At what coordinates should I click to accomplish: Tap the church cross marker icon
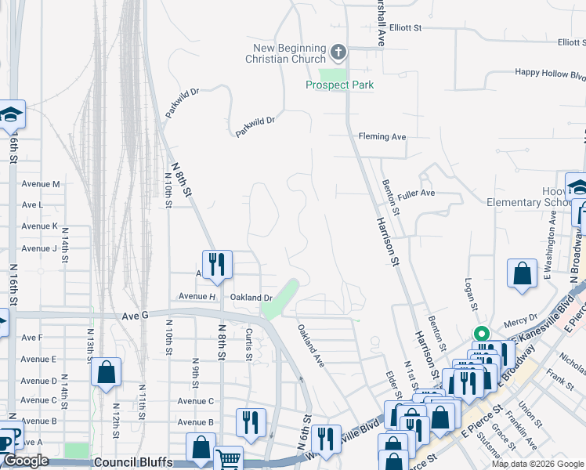coord(338,53)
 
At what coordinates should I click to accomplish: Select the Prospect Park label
coord(339,85)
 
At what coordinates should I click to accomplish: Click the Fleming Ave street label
coord(382,136)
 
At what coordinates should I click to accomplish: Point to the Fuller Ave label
coord(416,193)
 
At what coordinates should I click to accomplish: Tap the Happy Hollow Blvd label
coord(550,74)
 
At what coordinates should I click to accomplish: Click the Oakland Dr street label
coord(251,298)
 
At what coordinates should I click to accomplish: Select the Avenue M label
coord(41,184)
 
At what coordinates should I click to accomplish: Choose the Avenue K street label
coord(40,226)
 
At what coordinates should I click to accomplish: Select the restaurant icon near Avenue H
coord(217,263)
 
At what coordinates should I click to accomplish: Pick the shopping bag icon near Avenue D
coord(106,371)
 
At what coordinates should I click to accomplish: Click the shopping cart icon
coord(228,459)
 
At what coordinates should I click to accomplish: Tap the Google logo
coord(26,461)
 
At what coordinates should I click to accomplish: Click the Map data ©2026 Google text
coord(537,464)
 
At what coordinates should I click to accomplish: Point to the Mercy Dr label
coord(522,317)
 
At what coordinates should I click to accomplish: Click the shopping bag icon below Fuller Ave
coord(522,274)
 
